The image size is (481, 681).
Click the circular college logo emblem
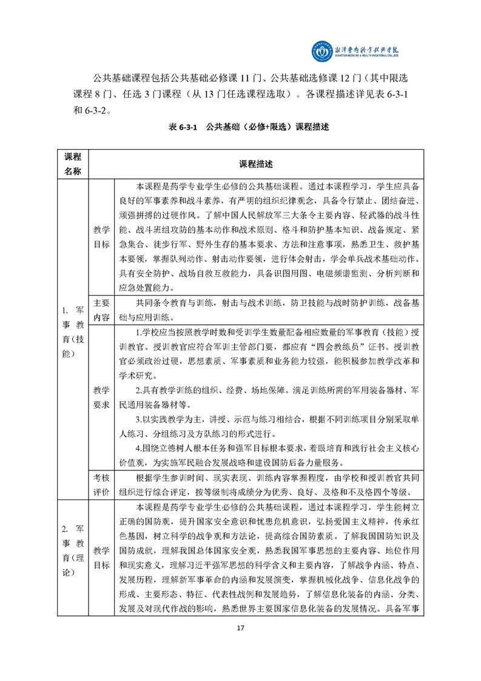321,51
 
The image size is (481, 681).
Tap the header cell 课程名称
72,164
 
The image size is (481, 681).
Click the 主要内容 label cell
101,310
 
